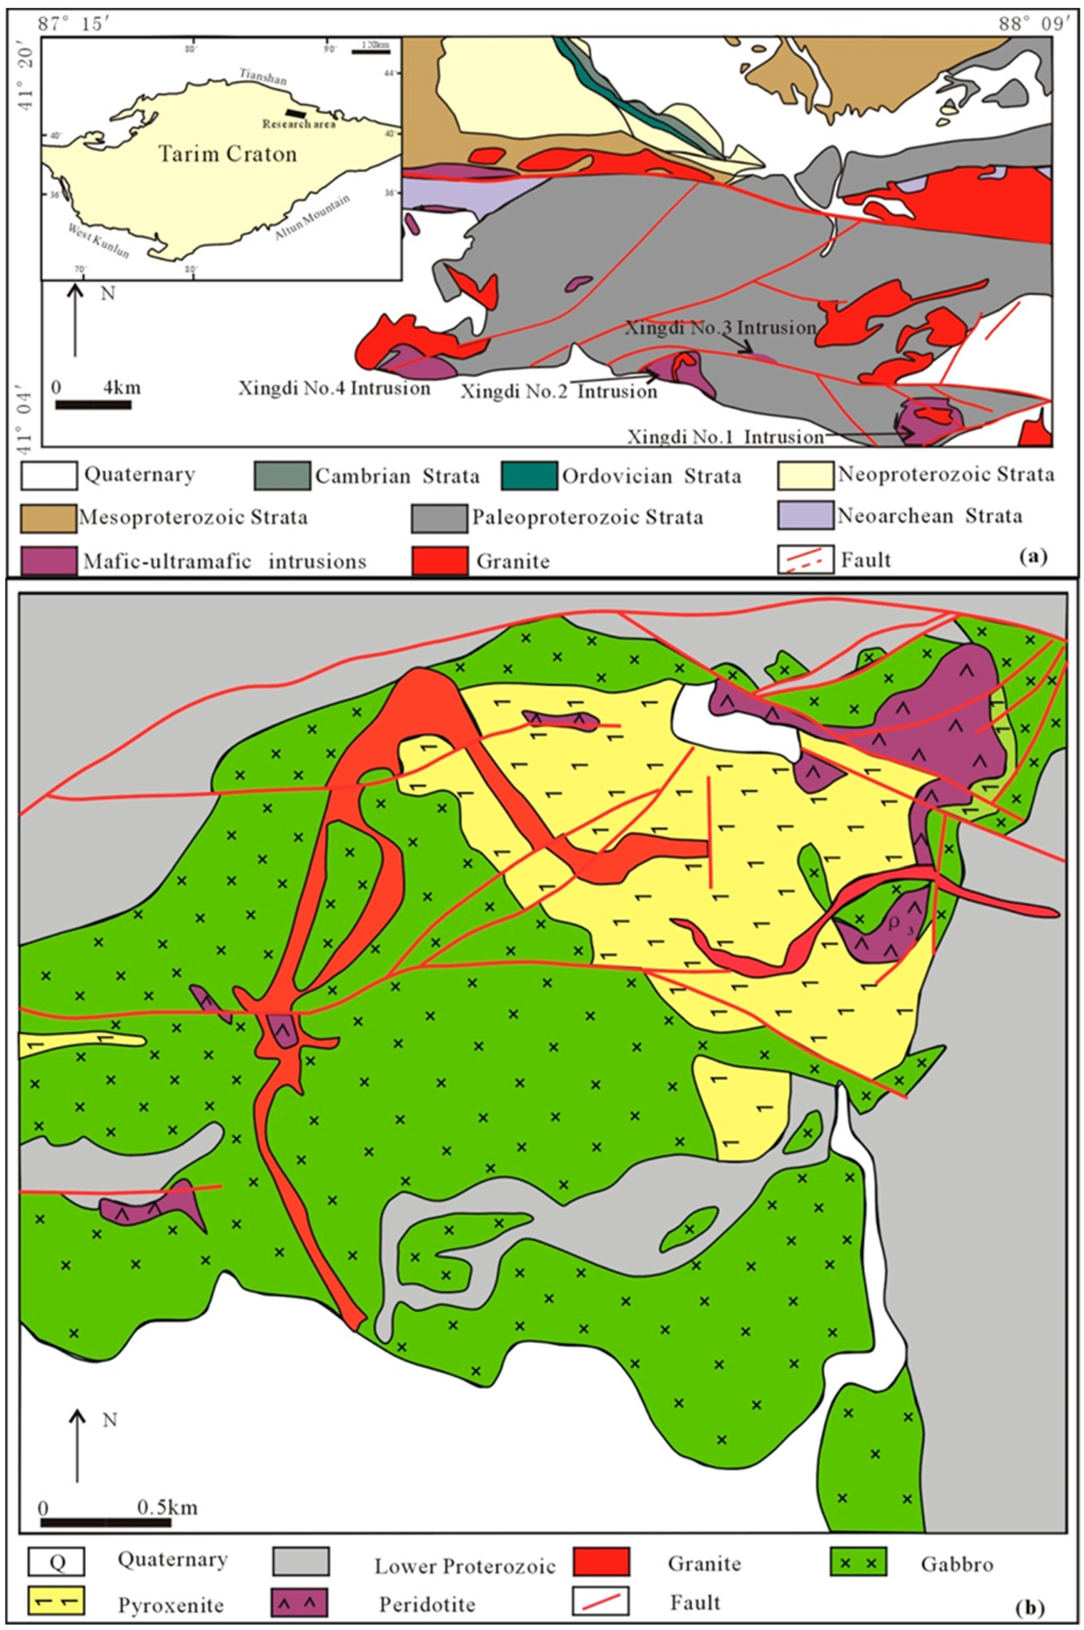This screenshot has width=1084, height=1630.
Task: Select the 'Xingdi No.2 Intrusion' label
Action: pos(559,391)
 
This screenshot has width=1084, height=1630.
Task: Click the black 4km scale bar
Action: pos(93,405)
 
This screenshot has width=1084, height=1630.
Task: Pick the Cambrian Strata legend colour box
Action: pos(282,476)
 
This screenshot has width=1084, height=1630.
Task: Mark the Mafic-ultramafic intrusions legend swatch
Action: pos(48,561)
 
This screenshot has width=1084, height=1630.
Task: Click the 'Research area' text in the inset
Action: pos(299,124)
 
